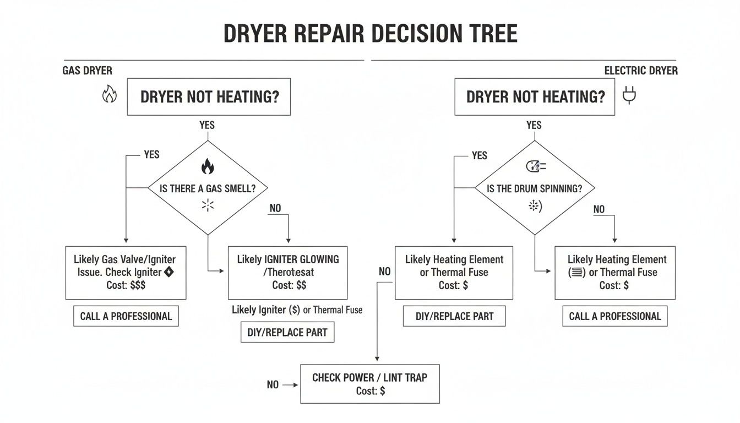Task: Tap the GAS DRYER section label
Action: (88, 70)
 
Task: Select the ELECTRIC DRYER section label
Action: (641, 70)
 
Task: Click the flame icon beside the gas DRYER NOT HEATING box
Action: (110, 96)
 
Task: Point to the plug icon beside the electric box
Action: (629, 96)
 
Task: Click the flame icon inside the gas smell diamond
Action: (208, 166)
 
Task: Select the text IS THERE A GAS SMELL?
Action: (208, 188)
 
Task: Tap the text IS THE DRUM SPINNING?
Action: (534, 188)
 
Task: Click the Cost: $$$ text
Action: (126, 285)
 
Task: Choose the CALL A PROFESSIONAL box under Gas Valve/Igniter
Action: (126, 316)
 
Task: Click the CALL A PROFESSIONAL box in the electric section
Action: (614, 316)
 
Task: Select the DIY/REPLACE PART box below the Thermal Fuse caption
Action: (287, 333)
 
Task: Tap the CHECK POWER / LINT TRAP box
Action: (369, 383)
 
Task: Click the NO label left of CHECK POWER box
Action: (273, 385)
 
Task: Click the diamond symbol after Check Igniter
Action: (169, 272)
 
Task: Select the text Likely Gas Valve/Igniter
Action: (124, 259)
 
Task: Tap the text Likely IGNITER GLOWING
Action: (288, 259)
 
